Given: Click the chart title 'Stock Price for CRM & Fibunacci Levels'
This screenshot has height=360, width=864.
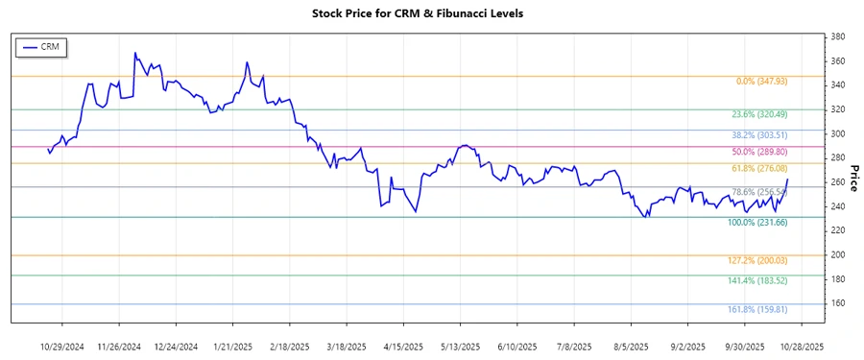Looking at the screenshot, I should (431, 13).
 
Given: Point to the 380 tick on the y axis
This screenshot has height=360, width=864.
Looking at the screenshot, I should (837, 36).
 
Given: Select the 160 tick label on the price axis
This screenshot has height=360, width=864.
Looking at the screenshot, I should (837, 303).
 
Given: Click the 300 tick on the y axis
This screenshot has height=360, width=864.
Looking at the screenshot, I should (837, 133).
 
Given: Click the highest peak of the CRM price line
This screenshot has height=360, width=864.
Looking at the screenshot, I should (134, 53).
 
